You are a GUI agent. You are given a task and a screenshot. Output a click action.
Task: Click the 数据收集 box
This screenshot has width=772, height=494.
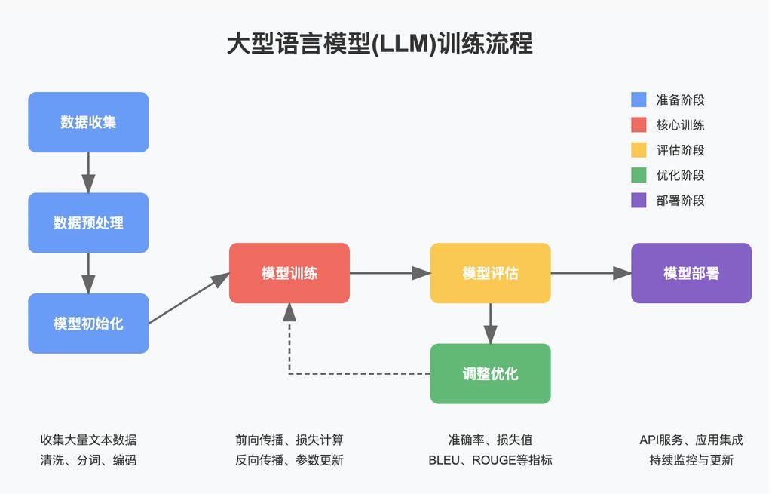pyautogui.click(x=88, y=122)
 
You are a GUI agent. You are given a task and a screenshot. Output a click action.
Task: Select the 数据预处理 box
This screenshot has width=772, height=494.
pyautogui.click(x=88, y=222)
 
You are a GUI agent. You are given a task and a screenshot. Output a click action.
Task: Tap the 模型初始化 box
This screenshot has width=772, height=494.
pyautogui.click(x=88, y=324)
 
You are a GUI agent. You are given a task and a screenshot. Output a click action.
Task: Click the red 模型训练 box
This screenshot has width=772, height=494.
pyautogui.click(x=289, y=273)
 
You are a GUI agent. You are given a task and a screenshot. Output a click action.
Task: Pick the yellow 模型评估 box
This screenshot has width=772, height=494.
pyautogui.click(x=490, y=273)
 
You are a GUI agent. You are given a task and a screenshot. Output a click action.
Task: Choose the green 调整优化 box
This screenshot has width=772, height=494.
pyautogui.click(x=490, y=373)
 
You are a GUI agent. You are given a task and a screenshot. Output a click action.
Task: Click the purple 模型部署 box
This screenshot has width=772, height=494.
pyautogui.click(x=691, y=273)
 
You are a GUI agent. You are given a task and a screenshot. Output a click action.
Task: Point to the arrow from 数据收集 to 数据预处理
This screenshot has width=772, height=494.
pyautogui.click(x=88, y=173)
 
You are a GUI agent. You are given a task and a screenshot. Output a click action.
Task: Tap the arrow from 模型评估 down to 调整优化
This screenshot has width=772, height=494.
pyautogui.click(x=490, y=323)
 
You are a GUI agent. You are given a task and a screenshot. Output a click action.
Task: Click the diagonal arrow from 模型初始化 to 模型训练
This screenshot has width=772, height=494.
pyautogui.click(x=188, y=299)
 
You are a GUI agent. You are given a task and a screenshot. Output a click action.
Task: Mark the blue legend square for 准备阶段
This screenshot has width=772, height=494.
pyautogui.click(x=639, y=100)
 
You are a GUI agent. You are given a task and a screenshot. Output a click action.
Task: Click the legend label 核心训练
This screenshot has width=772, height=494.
pyautogui.click(x=680, y=125)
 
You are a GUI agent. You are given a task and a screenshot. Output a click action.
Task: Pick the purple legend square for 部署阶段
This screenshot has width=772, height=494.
pyautogui.click(x=639, y=200)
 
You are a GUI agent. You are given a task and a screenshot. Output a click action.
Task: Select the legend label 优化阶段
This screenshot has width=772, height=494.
pyautogui.click(x=680, y=175)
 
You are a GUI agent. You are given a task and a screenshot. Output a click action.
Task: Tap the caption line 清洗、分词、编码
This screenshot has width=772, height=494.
pyautogui.click(x=88, y=459)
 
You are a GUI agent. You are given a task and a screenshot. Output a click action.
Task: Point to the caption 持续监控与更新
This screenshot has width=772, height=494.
pyautogui.click(x=691, y=459)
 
